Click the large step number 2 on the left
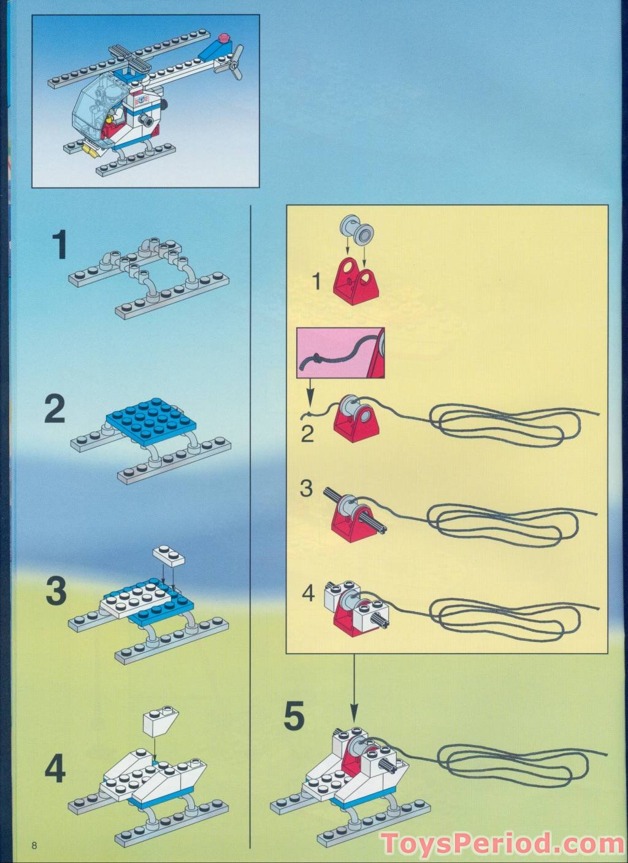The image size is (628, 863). [x=55, y=409]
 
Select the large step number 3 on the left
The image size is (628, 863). [x=56, y=590]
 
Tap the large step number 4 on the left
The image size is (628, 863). [x=55, y=768]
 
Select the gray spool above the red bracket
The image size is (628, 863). [x=356, y=233]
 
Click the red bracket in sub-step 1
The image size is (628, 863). [x=354, y=279]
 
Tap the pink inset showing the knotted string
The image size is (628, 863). [x=340, y=352]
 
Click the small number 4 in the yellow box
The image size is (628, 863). [x=308, y=593]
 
